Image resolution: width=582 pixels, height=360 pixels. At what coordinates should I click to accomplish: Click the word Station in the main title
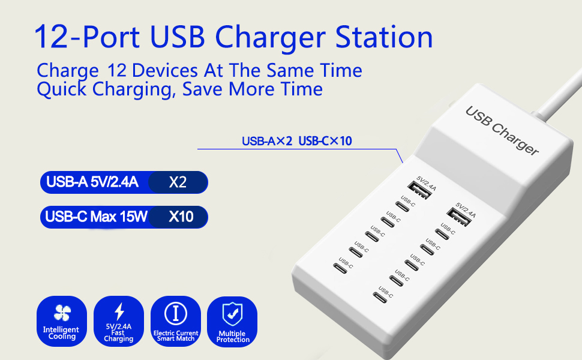384,37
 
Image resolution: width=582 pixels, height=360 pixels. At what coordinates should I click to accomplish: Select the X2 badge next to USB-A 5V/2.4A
178,182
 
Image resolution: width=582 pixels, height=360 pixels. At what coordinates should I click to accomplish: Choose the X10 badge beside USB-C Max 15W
181,217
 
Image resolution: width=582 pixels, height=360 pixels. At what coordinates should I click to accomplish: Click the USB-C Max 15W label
96,217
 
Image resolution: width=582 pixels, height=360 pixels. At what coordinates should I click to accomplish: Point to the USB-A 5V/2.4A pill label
92,182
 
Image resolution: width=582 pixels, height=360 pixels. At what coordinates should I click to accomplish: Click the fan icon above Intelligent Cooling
61,313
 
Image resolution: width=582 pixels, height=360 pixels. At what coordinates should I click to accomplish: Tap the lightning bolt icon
119,311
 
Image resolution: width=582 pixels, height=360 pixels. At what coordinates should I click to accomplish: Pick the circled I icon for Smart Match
176,313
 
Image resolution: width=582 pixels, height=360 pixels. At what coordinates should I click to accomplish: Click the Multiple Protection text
232,337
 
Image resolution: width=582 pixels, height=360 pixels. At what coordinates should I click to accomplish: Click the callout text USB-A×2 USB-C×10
296,142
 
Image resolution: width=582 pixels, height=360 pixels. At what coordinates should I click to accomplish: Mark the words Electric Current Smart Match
176,336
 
